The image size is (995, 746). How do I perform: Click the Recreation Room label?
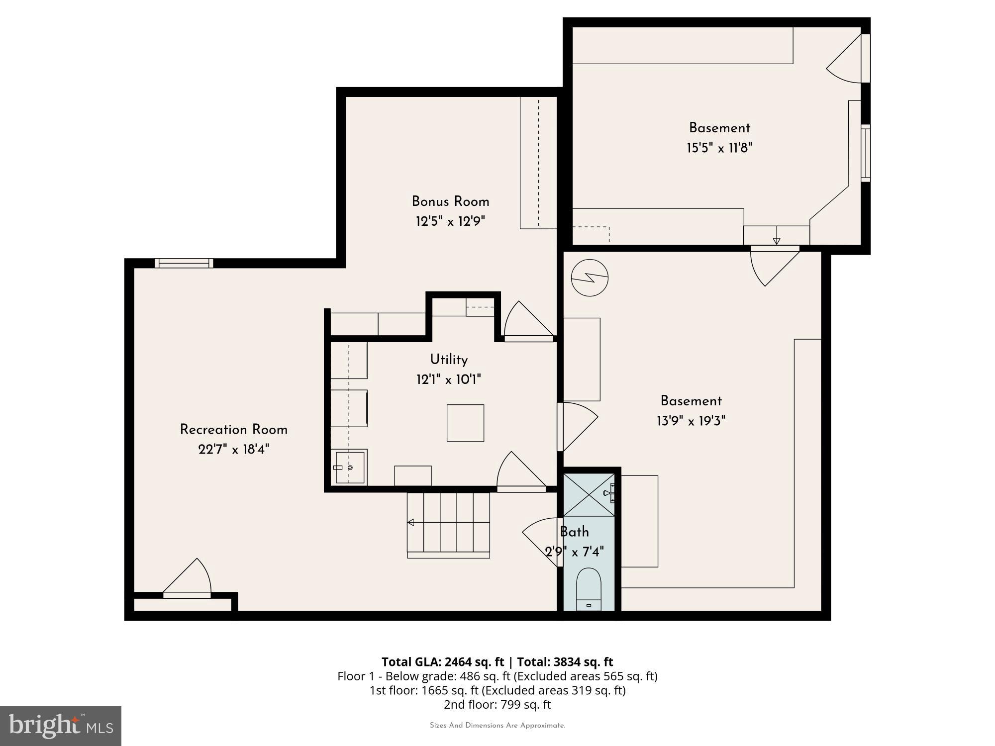click(x=233, y=430)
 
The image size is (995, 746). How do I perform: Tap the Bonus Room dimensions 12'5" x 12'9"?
click(x=450, y=221)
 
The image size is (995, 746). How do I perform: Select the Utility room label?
click(x=449, y=360)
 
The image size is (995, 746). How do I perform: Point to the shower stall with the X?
click(x=589, y=495)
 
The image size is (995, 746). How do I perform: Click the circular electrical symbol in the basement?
click(x=590, y=278)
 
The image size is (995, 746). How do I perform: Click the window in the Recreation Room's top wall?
click(x=184, y=263)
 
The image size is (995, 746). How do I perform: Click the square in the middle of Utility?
click(x=465, y=423)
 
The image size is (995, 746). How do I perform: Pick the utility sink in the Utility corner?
click(x=349, y=467)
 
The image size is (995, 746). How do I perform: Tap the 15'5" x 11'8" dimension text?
click(x=719, y=148)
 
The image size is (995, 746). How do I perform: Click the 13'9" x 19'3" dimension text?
click(x=691, y=421)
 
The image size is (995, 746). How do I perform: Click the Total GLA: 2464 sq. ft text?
click(x=443, y=662)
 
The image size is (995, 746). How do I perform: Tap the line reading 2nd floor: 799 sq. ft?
click(x=497, y=705)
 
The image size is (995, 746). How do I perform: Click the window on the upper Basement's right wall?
click(x=866, y=153)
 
